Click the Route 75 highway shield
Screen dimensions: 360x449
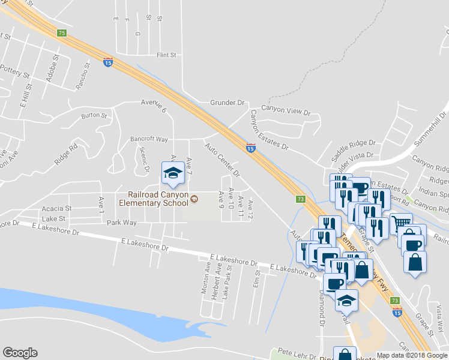click(62, 33)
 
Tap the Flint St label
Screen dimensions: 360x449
click(166, 55)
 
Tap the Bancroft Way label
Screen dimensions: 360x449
click(149, 139)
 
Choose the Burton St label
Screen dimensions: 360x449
click(94, 115)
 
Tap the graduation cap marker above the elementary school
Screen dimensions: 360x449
click(173, 173)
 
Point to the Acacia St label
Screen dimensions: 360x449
click(56, 208)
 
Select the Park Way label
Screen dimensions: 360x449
click(121, 223)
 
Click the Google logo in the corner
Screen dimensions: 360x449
click(20, 353)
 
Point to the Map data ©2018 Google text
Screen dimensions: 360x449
click(412, 355)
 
